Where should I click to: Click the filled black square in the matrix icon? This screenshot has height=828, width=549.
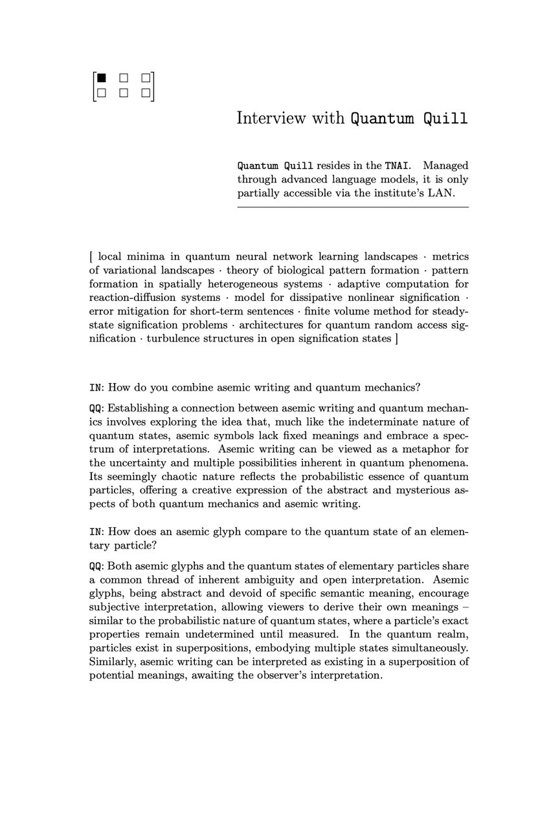(101, 78)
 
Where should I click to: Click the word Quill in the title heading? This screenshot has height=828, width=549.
(445, 119)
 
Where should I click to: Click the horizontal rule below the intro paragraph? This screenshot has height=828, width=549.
(353, 207)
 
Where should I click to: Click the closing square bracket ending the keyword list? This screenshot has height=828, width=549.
(396, 338)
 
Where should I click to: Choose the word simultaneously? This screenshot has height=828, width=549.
(425, 648)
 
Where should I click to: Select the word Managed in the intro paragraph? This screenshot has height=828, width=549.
(445, 166)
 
